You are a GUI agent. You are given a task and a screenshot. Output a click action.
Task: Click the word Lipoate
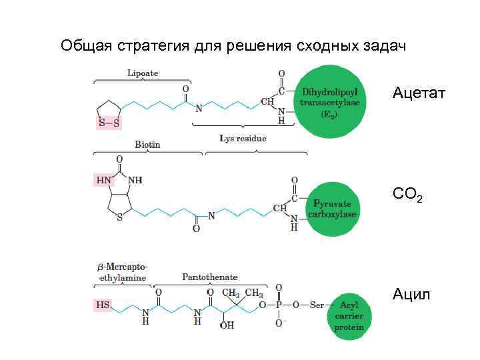tap(143, 73)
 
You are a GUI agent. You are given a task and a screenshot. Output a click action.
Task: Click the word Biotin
tap(147, 144)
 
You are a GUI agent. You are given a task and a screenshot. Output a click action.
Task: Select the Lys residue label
tap(243, 139)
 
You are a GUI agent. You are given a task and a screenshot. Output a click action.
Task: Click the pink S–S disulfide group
tap(109, 123)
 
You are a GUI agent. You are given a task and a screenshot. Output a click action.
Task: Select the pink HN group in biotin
tap(104, 180)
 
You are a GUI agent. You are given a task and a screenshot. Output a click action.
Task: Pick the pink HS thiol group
tap(103, 305)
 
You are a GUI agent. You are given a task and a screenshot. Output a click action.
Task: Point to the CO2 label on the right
tap(407, 195)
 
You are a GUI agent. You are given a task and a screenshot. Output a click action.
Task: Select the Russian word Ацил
tap(411, 293)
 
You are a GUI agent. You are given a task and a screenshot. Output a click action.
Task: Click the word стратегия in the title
tap(148, 46)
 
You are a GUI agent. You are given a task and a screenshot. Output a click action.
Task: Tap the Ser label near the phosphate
tap(316, 305)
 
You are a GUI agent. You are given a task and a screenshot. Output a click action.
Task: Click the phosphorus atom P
tap(280, 305)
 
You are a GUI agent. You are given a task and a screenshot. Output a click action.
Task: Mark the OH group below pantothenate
tap(227, 326)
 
